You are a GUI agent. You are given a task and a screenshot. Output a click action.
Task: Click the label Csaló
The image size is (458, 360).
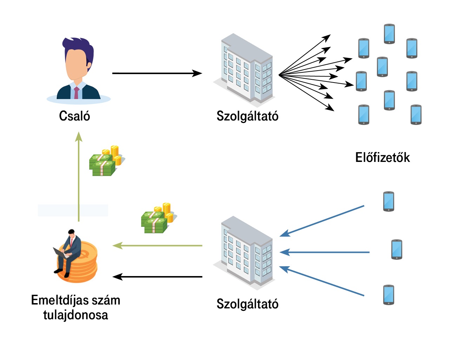tap(74, 116)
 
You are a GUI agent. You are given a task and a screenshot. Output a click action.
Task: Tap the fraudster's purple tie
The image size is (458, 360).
tap(77, 92)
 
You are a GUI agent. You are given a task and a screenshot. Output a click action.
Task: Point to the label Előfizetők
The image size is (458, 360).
tap(382, 157)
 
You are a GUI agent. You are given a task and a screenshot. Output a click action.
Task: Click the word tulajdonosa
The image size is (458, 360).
tap(75, 315)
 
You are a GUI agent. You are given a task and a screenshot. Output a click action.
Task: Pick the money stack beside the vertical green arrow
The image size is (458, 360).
tap(105, 162)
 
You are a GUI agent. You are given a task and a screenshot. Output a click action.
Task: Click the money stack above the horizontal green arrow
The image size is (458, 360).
tap(157, 218)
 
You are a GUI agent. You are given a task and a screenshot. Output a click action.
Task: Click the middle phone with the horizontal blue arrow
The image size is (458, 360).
tap(397, 249)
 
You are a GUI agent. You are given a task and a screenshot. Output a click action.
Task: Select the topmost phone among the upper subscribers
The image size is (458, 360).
tap(389, 34)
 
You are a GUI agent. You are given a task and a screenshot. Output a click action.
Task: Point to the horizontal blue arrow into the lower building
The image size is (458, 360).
tap(325, 252)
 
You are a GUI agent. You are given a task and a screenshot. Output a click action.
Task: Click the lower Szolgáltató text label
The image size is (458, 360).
tap(247, 304)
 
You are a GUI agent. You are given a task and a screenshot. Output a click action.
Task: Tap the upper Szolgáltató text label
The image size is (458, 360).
tap(247, 116)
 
